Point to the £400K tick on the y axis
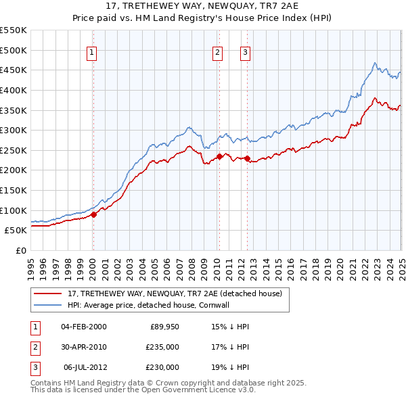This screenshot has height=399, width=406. point(14,90)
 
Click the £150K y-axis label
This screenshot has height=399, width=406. point(14,190)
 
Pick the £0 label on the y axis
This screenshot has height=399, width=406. point(21,250)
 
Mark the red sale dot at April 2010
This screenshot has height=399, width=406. point(219,156)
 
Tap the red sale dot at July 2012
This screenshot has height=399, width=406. point(247,158)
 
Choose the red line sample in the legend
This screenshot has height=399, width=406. point(48,294)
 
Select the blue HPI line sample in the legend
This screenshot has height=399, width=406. point(48,305)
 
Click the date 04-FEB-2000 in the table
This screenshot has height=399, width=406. point(83,327)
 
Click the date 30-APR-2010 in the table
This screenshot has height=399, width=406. point(83,347)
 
